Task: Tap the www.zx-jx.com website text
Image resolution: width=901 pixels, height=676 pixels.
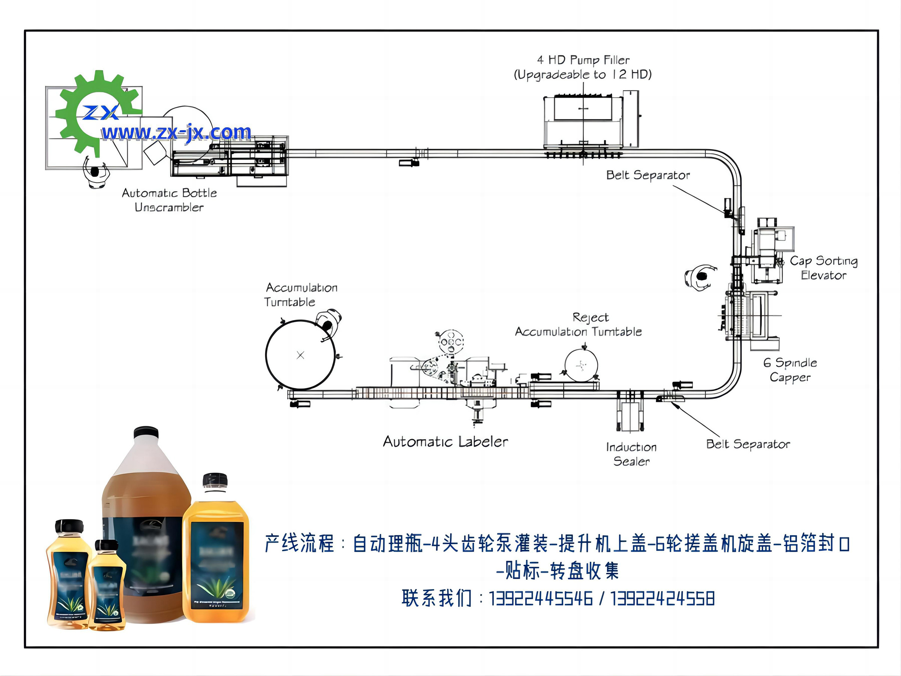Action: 176,133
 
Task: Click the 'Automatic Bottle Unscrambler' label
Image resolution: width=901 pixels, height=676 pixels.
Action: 169,200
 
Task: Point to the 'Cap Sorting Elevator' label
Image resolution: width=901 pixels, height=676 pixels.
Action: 824,268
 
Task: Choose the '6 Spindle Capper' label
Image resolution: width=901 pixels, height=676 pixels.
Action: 790,370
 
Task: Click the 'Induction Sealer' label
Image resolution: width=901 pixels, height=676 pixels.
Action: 631,454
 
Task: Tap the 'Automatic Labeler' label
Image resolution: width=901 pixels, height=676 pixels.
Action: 445,442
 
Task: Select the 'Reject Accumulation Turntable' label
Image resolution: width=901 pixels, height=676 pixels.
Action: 579,324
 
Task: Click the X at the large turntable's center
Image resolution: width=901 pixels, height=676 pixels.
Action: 300,355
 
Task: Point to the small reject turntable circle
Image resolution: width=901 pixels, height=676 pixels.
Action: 581,365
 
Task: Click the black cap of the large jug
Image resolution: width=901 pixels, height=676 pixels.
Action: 146,432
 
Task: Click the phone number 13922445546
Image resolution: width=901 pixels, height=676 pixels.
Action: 541,599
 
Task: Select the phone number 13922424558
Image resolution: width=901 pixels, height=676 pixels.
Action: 662,599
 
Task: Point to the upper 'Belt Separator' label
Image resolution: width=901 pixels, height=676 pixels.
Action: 648,175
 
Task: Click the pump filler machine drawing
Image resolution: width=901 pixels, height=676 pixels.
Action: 583,122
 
